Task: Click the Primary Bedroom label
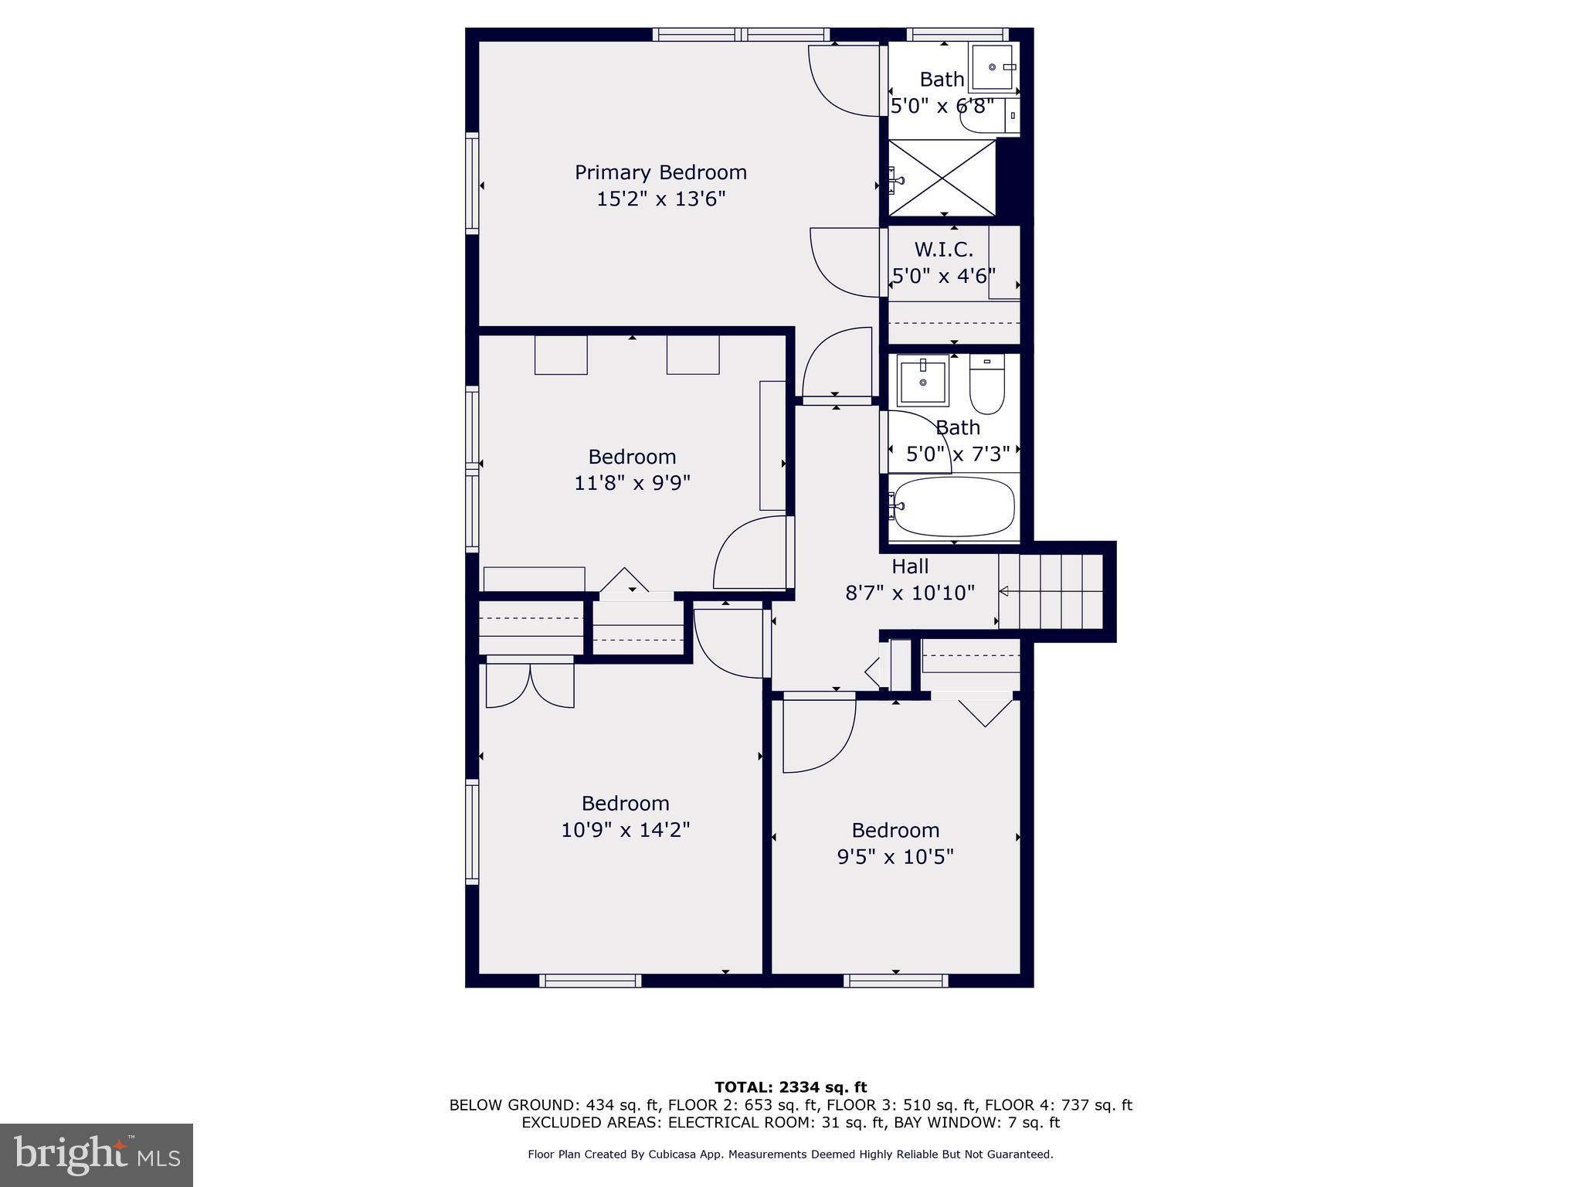point(660,172)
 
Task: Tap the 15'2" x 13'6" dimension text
point(660,199)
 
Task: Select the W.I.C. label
point(943,250)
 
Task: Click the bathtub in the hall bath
point(953,506)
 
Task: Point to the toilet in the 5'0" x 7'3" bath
point(986,385)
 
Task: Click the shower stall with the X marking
point(942,178)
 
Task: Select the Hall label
point(910,566)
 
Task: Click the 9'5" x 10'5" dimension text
point(895,857)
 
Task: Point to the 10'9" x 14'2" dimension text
point(625,830)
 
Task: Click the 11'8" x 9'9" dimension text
point(632,483)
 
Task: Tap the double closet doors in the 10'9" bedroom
point(530,685)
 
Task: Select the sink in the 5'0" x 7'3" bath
point(922,380)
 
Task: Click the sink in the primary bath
point(992,68)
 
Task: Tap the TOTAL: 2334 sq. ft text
point(790,1088)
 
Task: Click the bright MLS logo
point(97,1155)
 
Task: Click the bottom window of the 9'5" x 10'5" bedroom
point(895,981)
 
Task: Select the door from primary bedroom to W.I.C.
point(846,263)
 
